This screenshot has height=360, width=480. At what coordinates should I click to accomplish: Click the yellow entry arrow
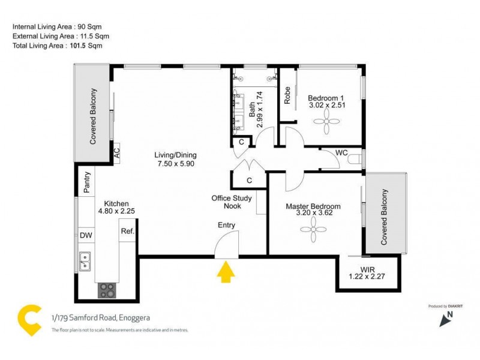226,273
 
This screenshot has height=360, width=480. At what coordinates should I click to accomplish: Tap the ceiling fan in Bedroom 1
327,125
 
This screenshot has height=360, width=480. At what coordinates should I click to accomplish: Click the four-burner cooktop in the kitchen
107,290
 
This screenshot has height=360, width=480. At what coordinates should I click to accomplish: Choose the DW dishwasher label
86,236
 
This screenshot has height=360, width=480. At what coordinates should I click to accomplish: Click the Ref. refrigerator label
127,231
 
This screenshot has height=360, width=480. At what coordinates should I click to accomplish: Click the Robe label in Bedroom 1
288,95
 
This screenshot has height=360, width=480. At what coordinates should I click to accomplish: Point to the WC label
342,153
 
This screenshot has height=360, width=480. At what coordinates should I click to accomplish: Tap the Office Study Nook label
232,202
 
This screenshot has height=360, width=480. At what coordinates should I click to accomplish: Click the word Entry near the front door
227,226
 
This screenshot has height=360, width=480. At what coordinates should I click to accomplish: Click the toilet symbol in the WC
359,158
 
